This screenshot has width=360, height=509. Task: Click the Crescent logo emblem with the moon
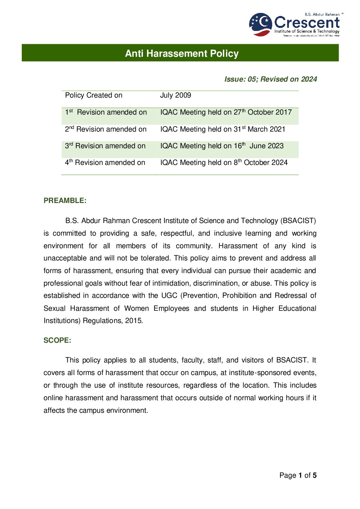pyautogui.click(x=261, y=24)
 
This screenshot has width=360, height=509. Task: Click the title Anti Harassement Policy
pyautogui.click(x=182, y=53)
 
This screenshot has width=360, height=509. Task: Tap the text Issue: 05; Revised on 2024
pyautogui.click(x=271, y=79)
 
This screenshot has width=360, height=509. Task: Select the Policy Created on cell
pyautogui.click(x=94, y=96)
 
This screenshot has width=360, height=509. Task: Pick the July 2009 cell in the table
pyautogui.click(x=176, y=96)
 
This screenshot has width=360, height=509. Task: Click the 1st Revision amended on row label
pyautogui.click(x=106, y=113)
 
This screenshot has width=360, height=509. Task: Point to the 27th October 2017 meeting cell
pyautogui.click(x=226, y=113)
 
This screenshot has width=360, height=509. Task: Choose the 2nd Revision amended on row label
pyautogui.click(x=105, y=130)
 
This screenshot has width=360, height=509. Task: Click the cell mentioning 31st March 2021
pyautogui.click(x=223, y=130)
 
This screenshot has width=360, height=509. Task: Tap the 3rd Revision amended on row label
pyautogui.click(x=105, y=146)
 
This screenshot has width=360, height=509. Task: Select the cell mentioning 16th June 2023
pyautogui.click(x=222, y=146)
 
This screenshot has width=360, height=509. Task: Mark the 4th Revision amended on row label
pyautogui.click(x=105, y=163)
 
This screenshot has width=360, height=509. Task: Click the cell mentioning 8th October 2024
pyautogui.click(x=224, y=163)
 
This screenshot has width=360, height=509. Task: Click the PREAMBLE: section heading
pyautogui.click(x=65, y=201)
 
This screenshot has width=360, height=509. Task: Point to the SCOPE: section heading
pyautogui.click(x=57, y=340)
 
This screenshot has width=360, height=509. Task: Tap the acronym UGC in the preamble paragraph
pyautogui.click(x=169, y=296)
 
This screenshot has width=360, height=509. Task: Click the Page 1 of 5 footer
pyautogui.click(x=298, y=475)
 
